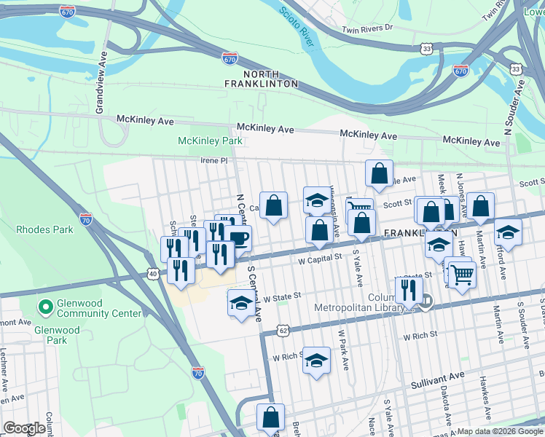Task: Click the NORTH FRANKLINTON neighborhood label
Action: [x=270, y=79]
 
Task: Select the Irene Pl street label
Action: [x=215, y=160]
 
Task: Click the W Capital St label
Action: [x=320, y=258]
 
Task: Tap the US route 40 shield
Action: [x=152, y=273]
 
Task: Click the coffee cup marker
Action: [x=238, y=237]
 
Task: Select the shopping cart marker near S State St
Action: [x=460, y=275]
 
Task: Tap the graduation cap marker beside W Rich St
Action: [x=315, y=361]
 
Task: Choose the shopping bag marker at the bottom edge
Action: [x=270, y=418]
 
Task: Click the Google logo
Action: [x=24, y=428]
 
